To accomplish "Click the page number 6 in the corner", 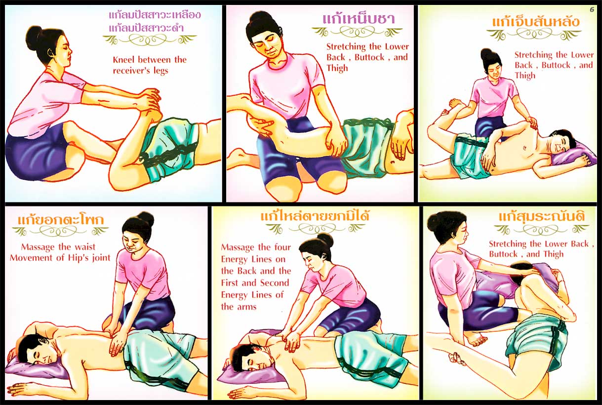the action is coord(592,10).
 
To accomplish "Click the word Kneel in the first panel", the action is coord(124,59).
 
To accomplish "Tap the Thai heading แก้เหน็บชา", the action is coord(359,19).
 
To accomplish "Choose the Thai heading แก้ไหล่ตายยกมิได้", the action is coord(315,215).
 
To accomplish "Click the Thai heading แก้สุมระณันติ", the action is coord(542,216).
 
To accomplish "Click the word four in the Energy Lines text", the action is coord(282,247).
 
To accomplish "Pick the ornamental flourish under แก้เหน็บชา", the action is coord(357,33).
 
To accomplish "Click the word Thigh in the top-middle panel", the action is coord(337,68).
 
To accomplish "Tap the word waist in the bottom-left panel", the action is coord(84,247).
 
